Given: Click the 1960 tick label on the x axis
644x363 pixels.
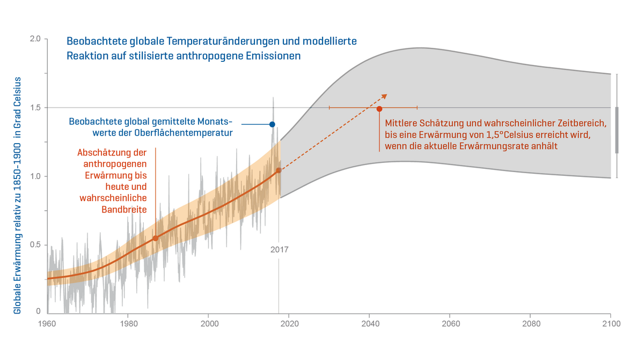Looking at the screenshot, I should click(x=47, y=324).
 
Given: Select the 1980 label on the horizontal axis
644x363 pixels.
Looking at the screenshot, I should click(x=128, y=324).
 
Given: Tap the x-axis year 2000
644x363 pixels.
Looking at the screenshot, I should click(x=208, y=324).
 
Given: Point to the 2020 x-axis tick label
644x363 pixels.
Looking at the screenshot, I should click(x=289, y=324).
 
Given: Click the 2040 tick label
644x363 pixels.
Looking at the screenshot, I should click(x=369, y=324).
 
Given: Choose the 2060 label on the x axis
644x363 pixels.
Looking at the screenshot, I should click(x=450, y=324).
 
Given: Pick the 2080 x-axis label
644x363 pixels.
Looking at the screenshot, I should click(x=530, y=324).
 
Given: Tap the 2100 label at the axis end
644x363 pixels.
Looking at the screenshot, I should click(x=611, y=324).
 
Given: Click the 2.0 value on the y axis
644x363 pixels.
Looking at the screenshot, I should click(x=35, y=40).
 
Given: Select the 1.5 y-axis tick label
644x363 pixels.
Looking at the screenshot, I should click(x=35, y=108).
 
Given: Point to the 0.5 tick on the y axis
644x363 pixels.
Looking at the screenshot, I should click(x=35, y=245).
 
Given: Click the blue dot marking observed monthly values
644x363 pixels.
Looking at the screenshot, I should click(x=272, y=124).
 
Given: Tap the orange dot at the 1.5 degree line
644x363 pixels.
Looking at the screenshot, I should click(x=379, y=109).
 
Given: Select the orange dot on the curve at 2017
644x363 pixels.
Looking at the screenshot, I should click(x=279, y=170).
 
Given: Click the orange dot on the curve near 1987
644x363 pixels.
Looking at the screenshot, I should click(x=156, y=238).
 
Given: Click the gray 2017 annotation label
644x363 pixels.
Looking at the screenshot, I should click(x=279, y=250).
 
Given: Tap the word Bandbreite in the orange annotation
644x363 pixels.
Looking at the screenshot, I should click(x=124, y=209).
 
